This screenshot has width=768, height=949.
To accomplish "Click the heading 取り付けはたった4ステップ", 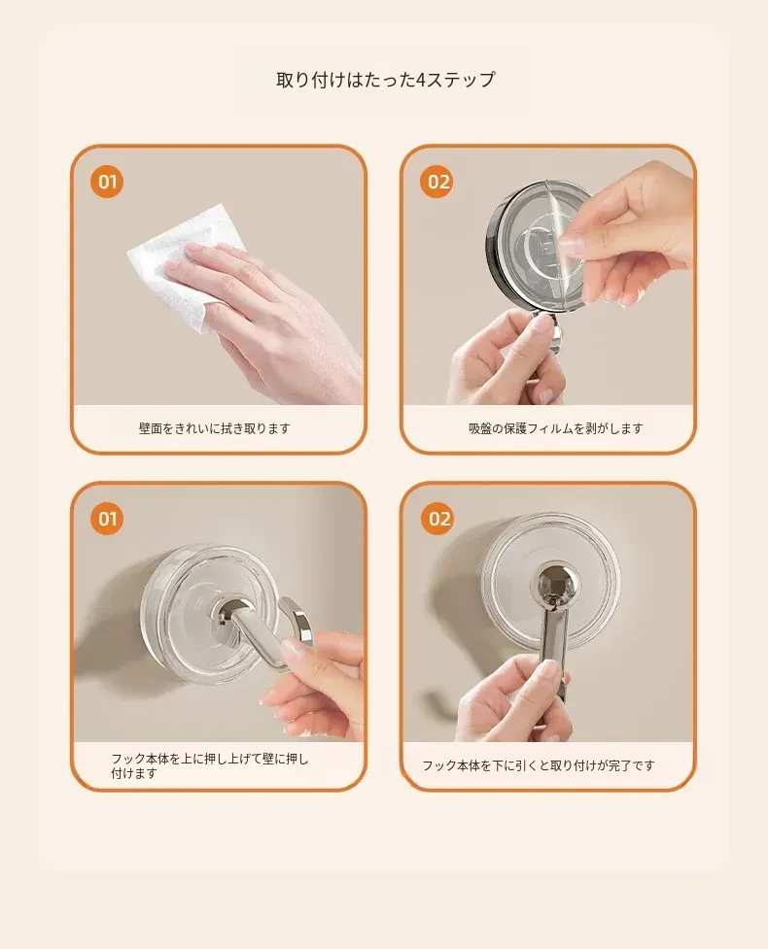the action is point(385,80).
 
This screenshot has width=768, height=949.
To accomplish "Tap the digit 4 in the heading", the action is point(422,80).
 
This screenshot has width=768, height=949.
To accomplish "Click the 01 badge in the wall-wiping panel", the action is point(107,182).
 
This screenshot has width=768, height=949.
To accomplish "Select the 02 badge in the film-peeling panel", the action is point(437,182).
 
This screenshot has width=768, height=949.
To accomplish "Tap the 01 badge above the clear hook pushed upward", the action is point(107,519).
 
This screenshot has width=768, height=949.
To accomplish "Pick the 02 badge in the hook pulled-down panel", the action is point(437,519).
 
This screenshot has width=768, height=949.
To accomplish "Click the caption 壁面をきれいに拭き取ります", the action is point(215,428).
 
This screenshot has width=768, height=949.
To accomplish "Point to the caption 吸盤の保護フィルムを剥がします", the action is point(555,428).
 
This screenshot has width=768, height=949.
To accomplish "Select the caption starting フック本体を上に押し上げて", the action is point(210,765).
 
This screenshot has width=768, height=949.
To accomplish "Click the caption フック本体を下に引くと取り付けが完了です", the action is point(539,765).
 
